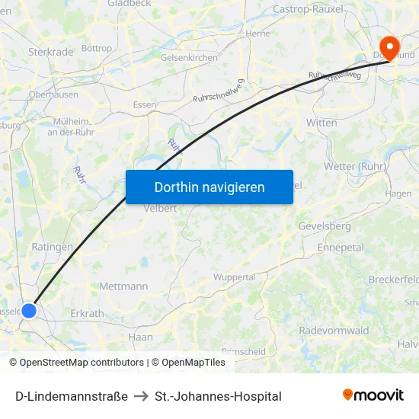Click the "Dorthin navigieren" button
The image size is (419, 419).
click(209, 187)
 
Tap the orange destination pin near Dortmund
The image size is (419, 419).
click(389, 47)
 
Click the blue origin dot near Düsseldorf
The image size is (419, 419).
click(29, 310)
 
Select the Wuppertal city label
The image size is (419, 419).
click(234, 277)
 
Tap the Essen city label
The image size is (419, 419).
click(144, 104)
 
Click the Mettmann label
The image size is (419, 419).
click(123, 286)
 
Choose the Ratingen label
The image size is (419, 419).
click(52, 247)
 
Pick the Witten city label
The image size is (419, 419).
click(321, 122)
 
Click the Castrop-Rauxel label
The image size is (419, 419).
click(308, 10)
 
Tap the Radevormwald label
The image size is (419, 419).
click(334, 331)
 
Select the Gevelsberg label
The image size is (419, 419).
click(325, 226)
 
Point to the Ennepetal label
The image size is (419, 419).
click(340, 248)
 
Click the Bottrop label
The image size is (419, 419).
click(97, 48)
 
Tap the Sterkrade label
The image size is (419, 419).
click(50, 52)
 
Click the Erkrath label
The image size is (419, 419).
click(87, 313)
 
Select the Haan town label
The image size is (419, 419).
click(141, 337)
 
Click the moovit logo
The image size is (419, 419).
click(373, 395)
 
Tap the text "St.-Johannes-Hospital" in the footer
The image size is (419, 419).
click(218, 396)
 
